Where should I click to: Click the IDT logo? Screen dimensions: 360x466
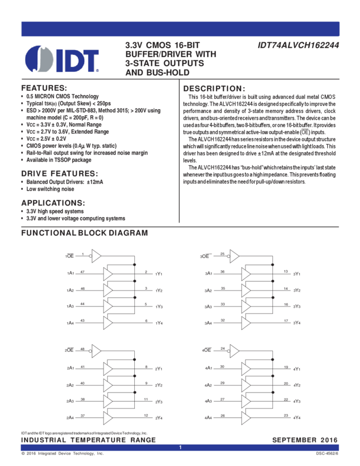click(62, 58)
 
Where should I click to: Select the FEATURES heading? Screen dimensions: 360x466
click(44, 88)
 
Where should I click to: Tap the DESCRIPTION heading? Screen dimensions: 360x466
click(214, 88)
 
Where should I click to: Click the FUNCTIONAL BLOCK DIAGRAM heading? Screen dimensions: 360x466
click(84, 233)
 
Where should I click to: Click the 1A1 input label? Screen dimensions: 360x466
click(70, 273)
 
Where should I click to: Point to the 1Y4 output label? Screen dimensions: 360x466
click(159, 322)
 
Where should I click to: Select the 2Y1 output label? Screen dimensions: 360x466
click(296, 273)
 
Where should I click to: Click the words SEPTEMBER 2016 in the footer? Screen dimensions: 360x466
click(305, 440)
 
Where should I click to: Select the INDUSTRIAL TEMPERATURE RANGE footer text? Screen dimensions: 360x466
click(88, 440)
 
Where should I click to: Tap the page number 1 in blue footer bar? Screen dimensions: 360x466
click(180, 448)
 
